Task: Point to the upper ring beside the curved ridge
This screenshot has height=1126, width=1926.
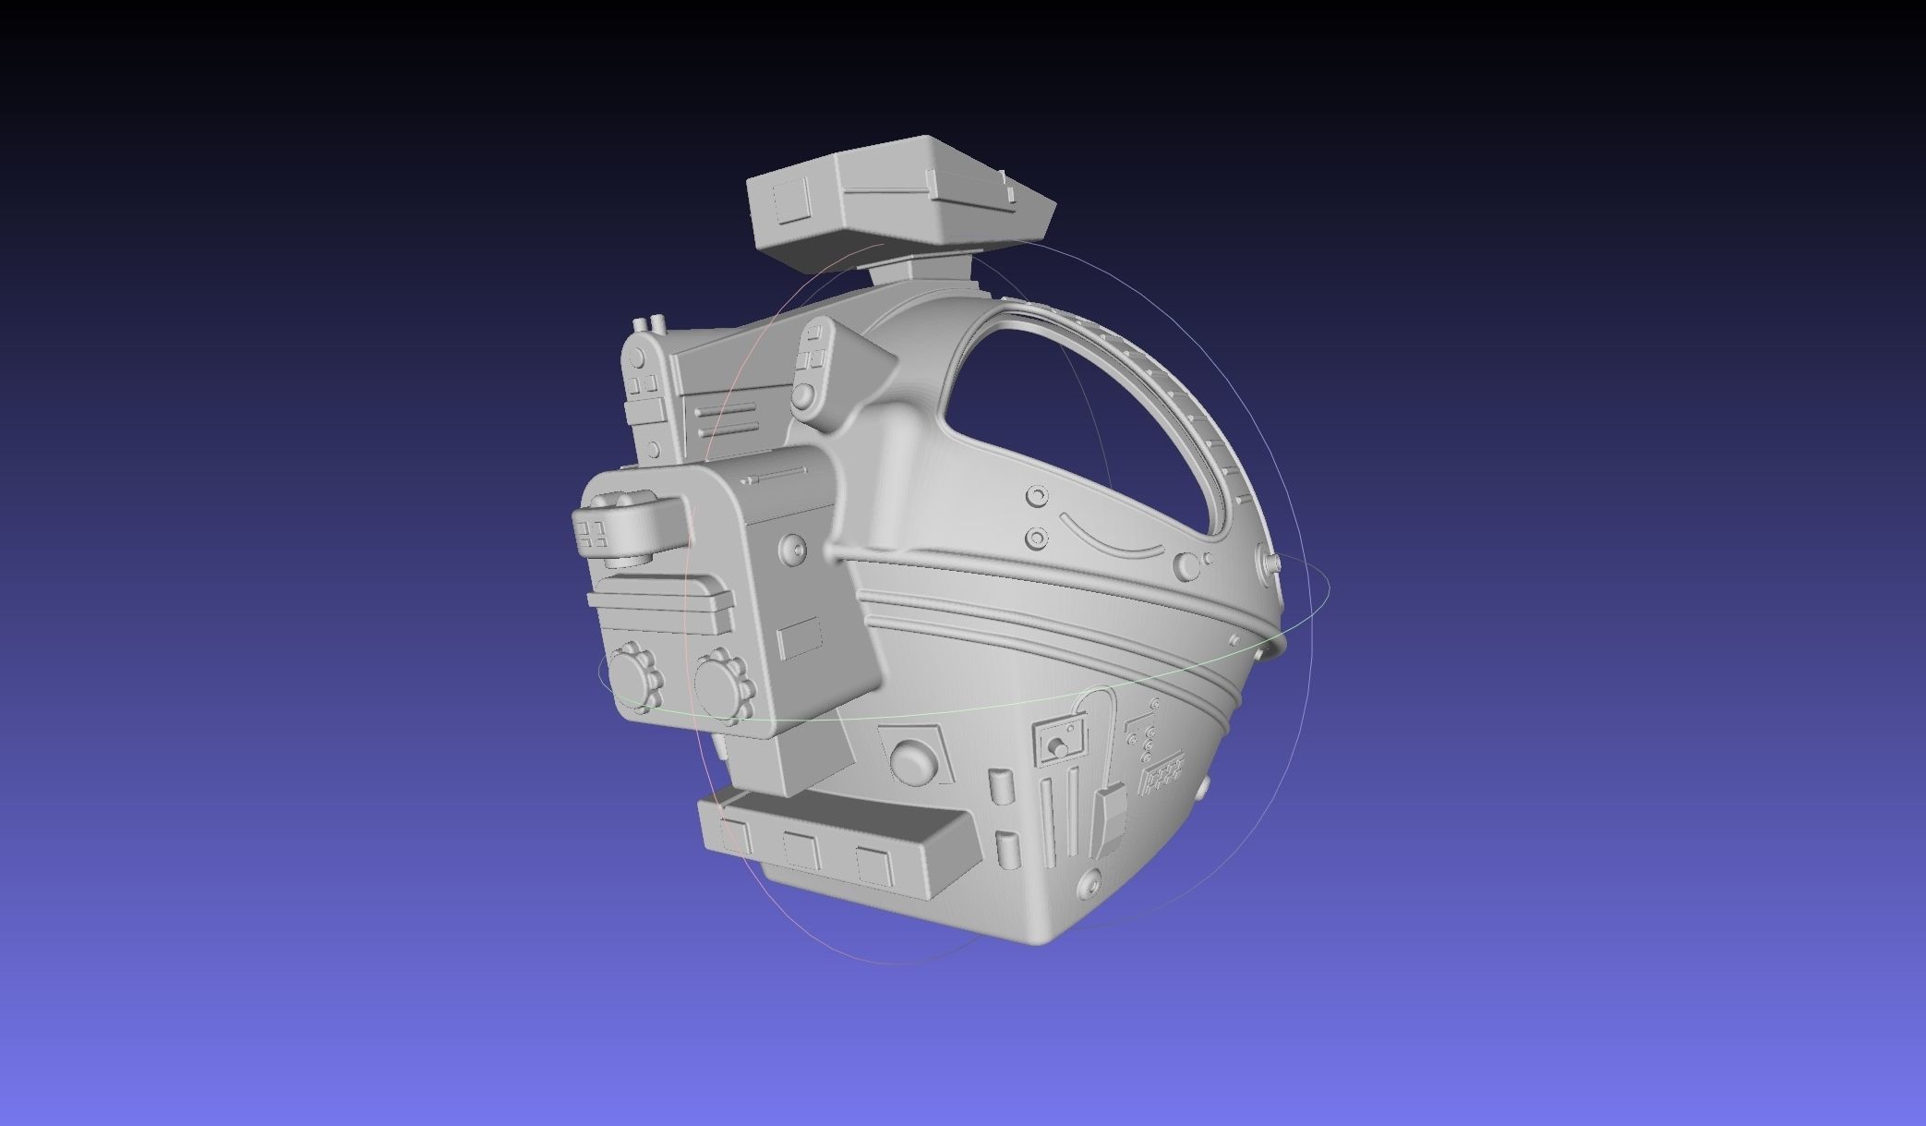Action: pos(1038,498)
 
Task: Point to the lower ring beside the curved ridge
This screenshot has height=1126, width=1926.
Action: pos(1037,537)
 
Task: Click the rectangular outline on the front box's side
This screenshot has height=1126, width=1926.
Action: pos(800,639)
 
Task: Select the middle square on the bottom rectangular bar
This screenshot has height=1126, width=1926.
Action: pos(800,851)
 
